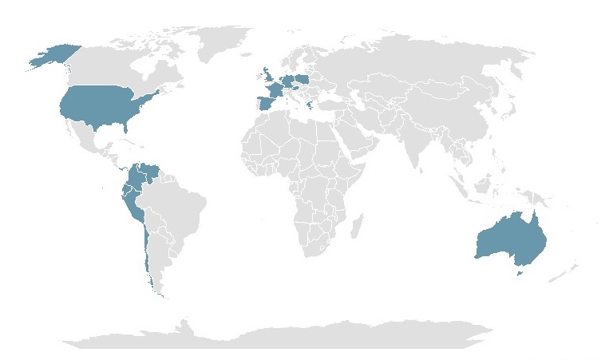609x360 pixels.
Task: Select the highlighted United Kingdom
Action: (x=266, y=78)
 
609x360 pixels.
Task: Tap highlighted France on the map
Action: (x=273, y=90)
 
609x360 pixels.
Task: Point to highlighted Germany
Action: (x=287, y=82)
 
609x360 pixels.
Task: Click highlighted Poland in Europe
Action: (x=302, y=79)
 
